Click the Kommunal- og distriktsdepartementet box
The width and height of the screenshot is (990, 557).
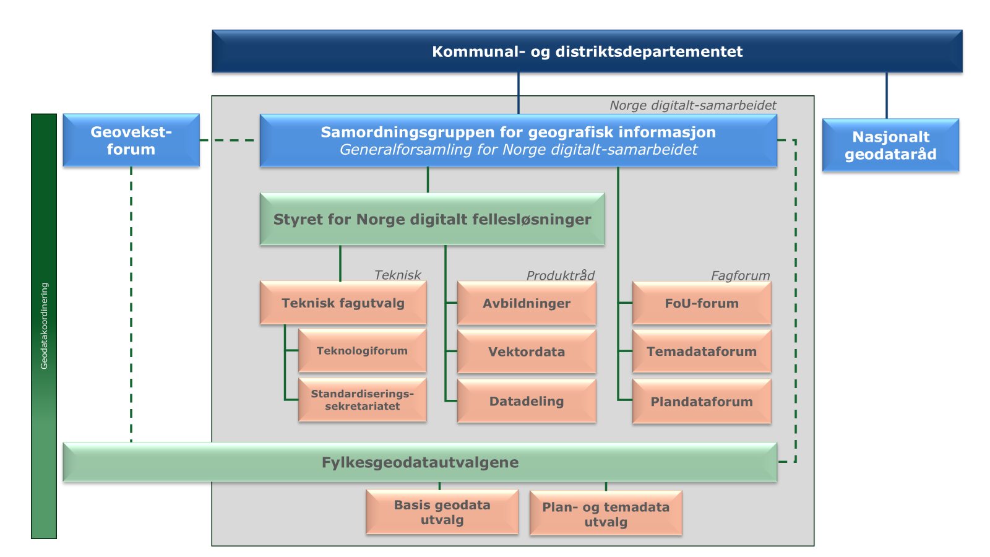pyautogui.click(x=587, y=51)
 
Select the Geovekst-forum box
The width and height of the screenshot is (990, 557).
pyautogui.click(x=131, y=140)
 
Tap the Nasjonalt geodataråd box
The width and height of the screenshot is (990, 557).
pyautogui.click(x=890, y=145)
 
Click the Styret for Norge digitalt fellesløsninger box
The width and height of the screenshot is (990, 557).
pyautogui.click(x=432, y=220)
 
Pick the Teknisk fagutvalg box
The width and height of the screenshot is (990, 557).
pyautogui.click(x=343, y=303)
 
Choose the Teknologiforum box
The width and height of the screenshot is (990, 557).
pyautogui.click(x=362, y=351)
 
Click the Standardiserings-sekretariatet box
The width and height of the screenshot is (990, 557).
pyautogui.click(x=362, y=400)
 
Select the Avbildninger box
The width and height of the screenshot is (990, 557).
pyautogui.click(x=527, y=303)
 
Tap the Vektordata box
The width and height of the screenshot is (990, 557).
pyautogui.click(x=527, y=352)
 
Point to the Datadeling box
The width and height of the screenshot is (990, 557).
pyautogui.click(x=527, y=402)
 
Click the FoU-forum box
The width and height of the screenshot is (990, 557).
pyautogui.click(x=702, y=303)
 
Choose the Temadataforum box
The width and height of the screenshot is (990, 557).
pyautogui.click(x=702, y=352)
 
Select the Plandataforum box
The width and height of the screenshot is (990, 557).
pyautogui.click(x=702, y=402)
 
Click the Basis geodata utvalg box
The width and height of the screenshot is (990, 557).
pyautogui.click(x=442, y=512)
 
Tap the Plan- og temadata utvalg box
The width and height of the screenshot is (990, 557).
pyautogui.click(x=606, y=514)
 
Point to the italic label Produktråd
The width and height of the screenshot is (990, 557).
pyautogui.click(x=560, y=275)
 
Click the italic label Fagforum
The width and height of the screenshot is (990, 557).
pyautogui.click(x=740, y=275)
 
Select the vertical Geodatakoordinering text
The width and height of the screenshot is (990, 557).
pyautogui.click(x=44, y=326)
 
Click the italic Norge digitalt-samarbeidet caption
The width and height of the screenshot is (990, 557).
pyautogui.click(x=692, y=105)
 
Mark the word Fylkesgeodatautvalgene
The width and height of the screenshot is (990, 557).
pyautogui.click(x=420, y=462)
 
